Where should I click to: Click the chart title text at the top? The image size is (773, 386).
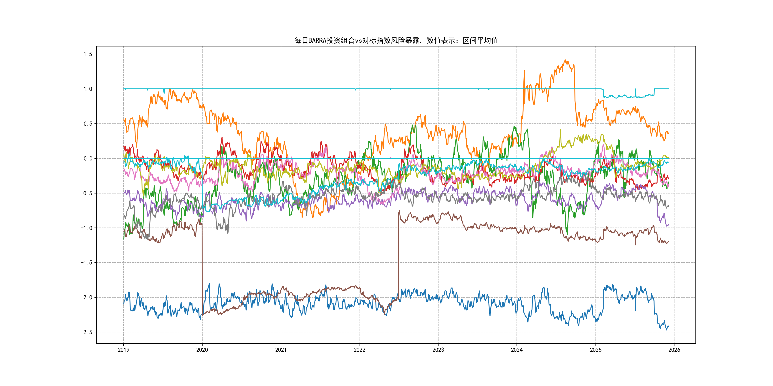tap(396, 41)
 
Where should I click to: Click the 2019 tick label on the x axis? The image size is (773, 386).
tap(123, 350)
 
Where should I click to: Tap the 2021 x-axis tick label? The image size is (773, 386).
tap(281, 350)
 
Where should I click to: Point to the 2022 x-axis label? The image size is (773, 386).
tap(360, 350)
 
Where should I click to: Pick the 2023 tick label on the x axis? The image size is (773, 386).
tap(438, 350)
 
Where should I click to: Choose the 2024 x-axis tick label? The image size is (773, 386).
tap(517, 350)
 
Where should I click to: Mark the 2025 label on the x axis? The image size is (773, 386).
tap(596, 350)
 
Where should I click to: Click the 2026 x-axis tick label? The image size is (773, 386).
tap(674, 350)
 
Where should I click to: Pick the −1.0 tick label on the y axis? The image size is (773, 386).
tap(86, 228)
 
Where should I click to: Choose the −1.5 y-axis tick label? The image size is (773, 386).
tap(86, 263)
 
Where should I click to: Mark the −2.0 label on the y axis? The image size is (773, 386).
tap(86, 298)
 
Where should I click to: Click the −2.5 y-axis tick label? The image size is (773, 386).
tap(86, 332)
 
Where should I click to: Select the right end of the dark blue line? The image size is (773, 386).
tap(669, 326)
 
